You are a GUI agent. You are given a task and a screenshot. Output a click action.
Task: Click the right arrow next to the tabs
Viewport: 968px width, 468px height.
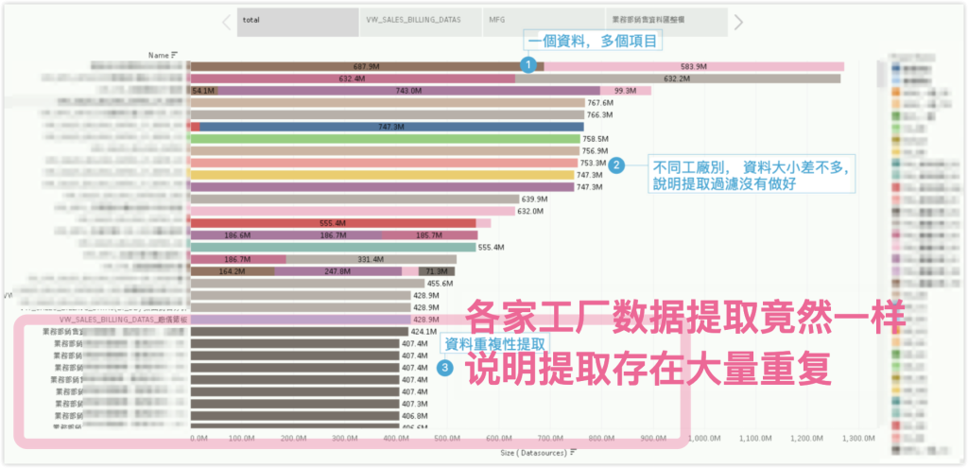point(738,21)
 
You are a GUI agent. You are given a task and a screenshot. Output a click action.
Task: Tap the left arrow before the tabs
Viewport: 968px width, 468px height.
point(226,21)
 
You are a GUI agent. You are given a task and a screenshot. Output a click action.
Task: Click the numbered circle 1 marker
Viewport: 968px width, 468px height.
point(528,65)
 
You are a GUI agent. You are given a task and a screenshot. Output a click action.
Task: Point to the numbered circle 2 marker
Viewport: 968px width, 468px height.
point(616,165)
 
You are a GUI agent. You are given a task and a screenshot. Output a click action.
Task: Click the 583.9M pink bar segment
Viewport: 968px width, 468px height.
point(694,66)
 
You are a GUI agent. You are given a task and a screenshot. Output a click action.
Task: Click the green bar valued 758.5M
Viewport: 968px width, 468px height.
point(386,139)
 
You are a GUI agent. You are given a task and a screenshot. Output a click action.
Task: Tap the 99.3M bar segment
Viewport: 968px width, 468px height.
point(625,91)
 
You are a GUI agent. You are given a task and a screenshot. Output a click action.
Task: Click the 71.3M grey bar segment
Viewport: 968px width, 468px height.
point(439,271)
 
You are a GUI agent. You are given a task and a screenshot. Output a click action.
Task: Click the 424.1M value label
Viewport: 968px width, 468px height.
point(423,332)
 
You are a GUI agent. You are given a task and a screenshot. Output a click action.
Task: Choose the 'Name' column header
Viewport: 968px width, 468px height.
point(160,56)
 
